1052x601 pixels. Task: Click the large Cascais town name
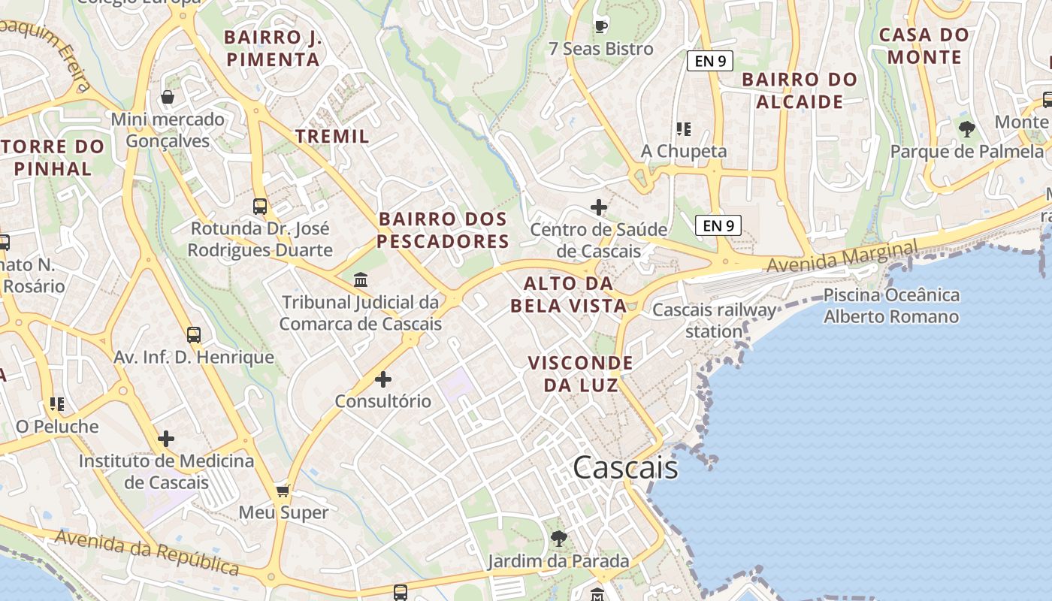pos(625,468)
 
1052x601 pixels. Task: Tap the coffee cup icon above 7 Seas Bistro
pos(600,26)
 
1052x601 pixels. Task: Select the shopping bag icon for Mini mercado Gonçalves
pos(168,97)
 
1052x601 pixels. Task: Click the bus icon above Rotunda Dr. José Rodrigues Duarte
pos(260,206)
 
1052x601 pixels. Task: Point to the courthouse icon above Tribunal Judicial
pos(361,280)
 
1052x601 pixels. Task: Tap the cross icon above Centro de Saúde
pos(599,207)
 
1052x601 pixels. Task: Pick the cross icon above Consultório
pos(383,379)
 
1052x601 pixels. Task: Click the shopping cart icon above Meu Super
pos(283,491)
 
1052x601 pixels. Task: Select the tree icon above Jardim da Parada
pos(558,538)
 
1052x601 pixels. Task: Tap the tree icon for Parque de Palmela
pos(967,129)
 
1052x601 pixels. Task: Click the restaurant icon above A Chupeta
pos(683,129)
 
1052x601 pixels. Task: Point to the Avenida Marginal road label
pos(842,255)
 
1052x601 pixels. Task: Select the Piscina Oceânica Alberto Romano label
pos(891,306)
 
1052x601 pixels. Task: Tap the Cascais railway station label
pos(714,320)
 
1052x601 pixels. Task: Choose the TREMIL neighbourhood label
pos(332,136)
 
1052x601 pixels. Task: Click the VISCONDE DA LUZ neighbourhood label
pos(580,374)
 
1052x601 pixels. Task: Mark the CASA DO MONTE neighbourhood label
pos(924,46)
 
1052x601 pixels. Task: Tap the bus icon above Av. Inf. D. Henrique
pos(194,335)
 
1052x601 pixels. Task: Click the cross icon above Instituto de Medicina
pos(166,439)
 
